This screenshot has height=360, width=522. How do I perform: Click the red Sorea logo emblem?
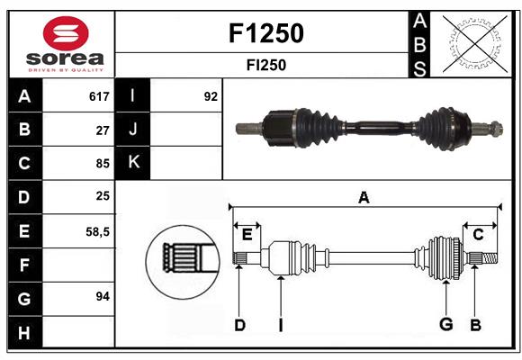point(66,33)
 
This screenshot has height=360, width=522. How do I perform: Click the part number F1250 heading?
point(266,33)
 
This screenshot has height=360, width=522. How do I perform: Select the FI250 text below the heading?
point(266,65)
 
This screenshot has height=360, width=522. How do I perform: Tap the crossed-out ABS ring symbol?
point(474,44)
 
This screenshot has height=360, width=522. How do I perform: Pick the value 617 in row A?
point(99,96)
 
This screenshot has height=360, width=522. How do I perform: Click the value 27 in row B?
point(103,130)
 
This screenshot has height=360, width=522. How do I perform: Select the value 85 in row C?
point(103,164)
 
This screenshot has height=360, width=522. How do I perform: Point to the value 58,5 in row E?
point(97,231)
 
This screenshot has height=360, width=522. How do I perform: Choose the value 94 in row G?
point(103,296)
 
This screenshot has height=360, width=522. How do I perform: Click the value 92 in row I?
point(211,96)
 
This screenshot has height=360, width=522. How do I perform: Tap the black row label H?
point(25,332)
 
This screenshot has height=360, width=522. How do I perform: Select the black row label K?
point(133,163)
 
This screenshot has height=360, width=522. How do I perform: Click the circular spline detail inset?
point(183,261)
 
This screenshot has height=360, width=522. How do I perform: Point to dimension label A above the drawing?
point(364,198)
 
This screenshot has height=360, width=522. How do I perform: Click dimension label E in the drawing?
point(247,235)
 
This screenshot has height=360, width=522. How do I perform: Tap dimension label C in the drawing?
point(478,235)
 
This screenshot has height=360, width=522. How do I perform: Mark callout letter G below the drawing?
point(446,324)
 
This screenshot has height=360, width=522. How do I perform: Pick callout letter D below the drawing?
point(239,325)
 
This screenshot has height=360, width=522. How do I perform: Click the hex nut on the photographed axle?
point(496,129)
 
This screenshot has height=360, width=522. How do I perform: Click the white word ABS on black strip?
point(419,45)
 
